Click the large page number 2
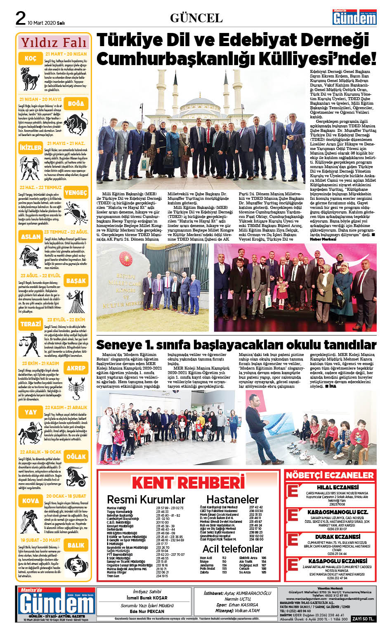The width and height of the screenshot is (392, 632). [x=20, y=19]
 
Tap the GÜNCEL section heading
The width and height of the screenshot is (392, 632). [x=196, y=18]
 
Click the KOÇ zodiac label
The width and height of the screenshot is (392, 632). [x=30, y=59]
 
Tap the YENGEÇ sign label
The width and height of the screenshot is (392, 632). [x=76, y=192]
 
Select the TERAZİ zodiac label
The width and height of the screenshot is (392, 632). [x=31, y=324]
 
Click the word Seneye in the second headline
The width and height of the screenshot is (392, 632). [x=119, y=344]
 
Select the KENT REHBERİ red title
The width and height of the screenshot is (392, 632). [x=188, y=482]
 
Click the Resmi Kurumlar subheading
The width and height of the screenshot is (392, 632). [x=146, y=500]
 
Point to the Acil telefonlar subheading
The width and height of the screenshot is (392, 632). [x=232, y=549]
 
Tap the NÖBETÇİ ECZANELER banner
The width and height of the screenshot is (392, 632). [x=330, y=475]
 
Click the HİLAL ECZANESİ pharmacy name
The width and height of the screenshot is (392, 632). [x=338, y=487]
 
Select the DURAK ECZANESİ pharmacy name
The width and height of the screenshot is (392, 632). [x=338, y=537]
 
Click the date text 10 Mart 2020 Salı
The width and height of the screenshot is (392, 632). [x=46, y=23]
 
